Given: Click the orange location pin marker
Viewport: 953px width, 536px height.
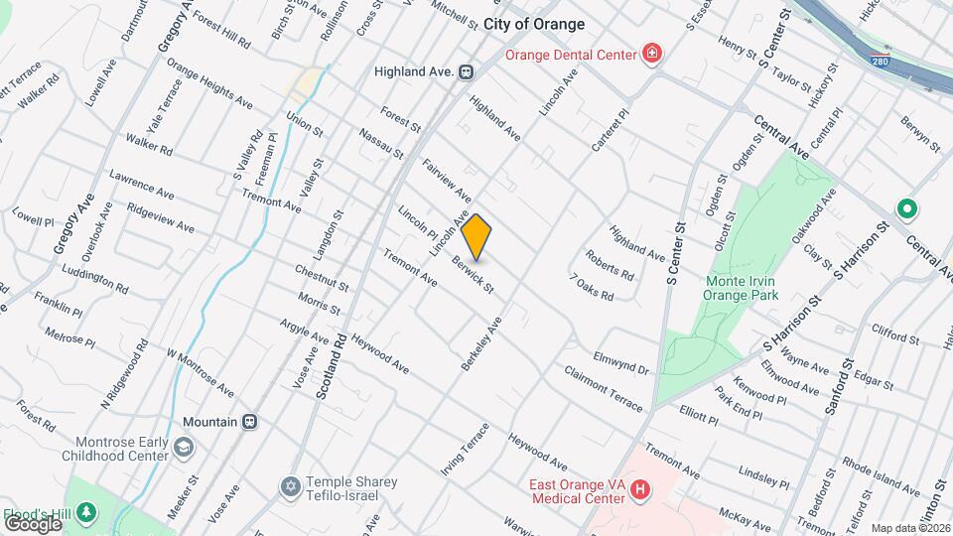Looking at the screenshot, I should (x=476, y=236).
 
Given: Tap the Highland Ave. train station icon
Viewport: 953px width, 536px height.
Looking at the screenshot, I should (x=465, y=71).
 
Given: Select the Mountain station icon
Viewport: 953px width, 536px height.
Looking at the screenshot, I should (x=250, y=421).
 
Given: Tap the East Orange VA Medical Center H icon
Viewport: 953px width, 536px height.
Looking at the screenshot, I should (x=640, y=489).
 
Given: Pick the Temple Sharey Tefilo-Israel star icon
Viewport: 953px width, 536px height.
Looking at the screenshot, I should (x=290, y=486).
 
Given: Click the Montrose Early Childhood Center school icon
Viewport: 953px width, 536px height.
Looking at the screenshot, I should (x=183, y=448).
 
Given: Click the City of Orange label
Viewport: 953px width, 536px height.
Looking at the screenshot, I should (x=534, y=24).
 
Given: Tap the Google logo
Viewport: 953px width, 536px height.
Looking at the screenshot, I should (x=32, y=523).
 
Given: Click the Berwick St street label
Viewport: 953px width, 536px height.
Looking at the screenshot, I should (x=473, y=275).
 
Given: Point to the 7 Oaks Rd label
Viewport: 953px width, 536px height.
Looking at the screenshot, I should (x=592, y=288).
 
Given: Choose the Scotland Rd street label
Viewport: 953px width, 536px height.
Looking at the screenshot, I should (x=331, y=365).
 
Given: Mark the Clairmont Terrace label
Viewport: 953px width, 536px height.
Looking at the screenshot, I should (x=604, y=387).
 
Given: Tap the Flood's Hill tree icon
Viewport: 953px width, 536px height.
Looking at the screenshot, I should (x=87, y=511).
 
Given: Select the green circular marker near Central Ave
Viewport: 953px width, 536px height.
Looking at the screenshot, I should (x=905, y=209).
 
